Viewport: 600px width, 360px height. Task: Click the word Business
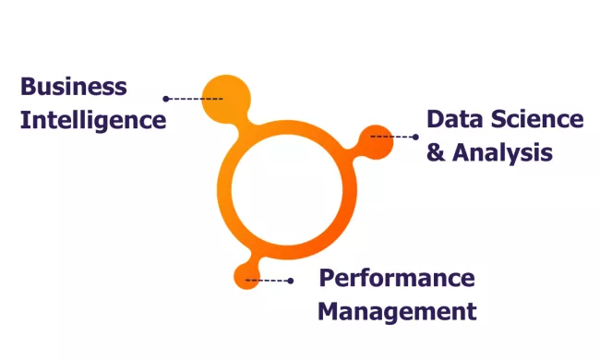(74, 88)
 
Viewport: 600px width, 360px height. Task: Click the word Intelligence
(93, 120)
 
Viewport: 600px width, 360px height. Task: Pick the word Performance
(397, 278)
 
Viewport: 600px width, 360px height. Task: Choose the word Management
(397, 311)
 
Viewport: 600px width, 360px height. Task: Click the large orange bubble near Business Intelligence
(225, 98)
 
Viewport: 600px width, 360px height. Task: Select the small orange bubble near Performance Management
(246, 275)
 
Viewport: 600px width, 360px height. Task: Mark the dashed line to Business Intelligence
(195, 98)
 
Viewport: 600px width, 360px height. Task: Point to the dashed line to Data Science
(393, 137)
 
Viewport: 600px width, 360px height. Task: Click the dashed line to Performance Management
(269, 280)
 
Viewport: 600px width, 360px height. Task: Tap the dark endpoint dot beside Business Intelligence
(166, 98)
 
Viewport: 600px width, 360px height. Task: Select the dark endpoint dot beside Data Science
(415, 137)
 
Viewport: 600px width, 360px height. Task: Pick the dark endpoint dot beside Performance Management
(291, 280)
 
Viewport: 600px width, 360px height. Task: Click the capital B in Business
(29, 88)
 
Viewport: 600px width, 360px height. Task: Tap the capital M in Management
(330, 311)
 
